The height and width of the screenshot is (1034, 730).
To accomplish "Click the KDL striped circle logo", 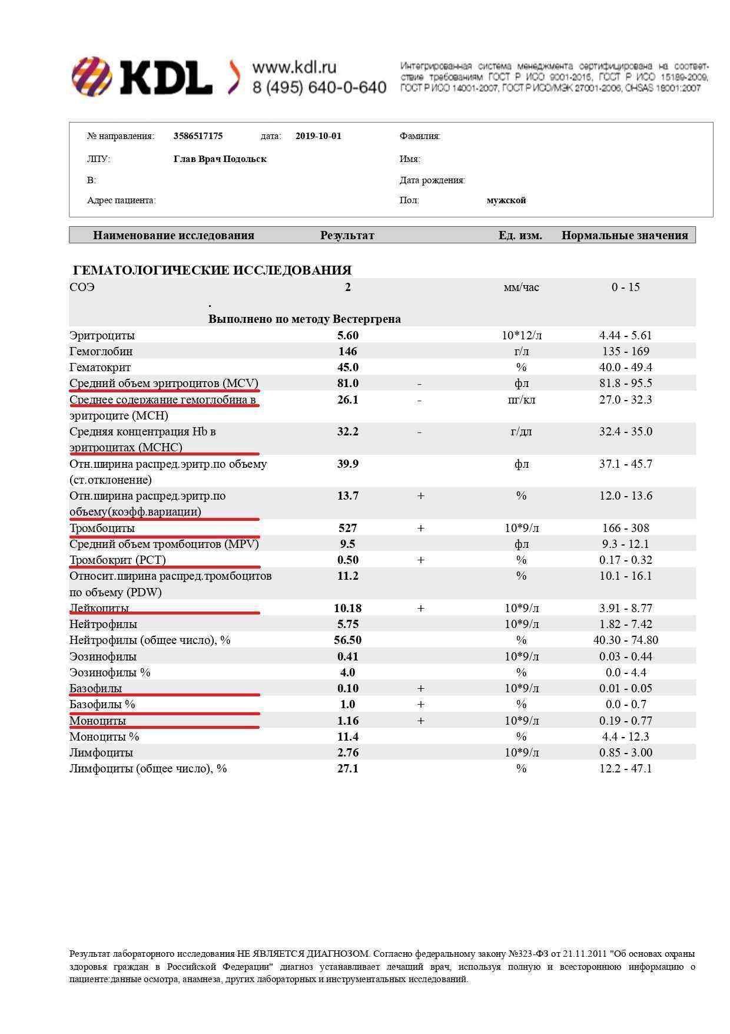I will (92, 76).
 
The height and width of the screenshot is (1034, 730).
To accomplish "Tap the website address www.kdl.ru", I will (294, 67).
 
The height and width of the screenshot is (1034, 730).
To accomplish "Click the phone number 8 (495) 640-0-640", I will (319, 88).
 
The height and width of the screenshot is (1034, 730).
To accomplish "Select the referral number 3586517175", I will (198, 136).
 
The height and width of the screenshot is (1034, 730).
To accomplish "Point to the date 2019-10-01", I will (318, 136).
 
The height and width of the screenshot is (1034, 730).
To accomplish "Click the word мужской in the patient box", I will (506, 200).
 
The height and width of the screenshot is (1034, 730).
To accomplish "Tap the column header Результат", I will (347, 235).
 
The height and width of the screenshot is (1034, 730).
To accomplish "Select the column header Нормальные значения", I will (624, 235).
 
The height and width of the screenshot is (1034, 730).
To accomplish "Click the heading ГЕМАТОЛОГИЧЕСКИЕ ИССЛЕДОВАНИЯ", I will (212, 270).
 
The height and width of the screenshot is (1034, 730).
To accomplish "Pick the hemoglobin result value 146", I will (347, 351).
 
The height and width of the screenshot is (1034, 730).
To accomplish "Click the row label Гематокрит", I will (100, 367).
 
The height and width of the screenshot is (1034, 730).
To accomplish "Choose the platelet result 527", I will (347, 528).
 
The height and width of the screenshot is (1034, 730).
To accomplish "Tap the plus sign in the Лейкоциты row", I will (420, 608).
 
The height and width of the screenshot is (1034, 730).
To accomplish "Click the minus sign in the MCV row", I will (419, 384).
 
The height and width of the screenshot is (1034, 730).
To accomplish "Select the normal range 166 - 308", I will (625, 528).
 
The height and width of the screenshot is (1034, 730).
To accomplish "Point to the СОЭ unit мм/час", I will (521, 288).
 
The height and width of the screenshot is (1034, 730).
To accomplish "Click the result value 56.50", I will (347, 640).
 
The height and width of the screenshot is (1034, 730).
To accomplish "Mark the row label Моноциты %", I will (104, 736).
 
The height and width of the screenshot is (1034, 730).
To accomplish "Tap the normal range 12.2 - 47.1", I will (625, 768).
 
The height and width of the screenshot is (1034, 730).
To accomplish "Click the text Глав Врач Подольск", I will (220, 159).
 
